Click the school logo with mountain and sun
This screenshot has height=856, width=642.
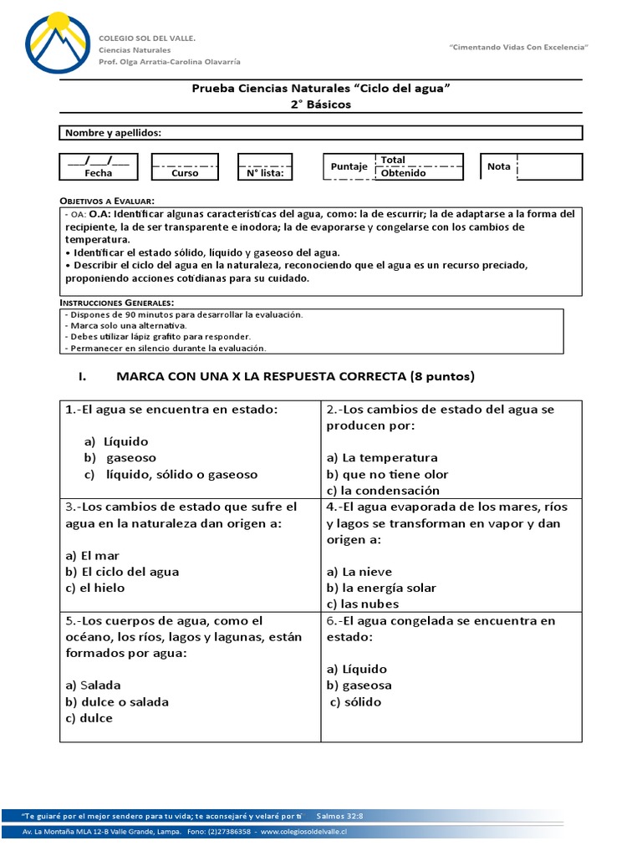click(57, 44)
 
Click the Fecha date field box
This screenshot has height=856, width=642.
click(98, 166)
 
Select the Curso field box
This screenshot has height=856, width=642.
click(185, 166)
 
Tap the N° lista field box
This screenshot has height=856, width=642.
click(264, 166)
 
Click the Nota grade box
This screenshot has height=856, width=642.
click(531, 166)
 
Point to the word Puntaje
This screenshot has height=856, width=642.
click(349, 166)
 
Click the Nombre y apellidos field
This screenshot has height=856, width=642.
click(321, 133)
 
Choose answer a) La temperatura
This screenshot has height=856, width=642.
click(382, 458)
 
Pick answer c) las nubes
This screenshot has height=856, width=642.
click(363, 604)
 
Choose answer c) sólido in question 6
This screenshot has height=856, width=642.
click(356, 701)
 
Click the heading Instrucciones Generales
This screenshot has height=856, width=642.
click(116, 302)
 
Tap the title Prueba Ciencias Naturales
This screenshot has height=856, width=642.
click(321, 88)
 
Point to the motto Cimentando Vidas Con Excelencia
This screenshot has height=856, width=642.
click(518, 48)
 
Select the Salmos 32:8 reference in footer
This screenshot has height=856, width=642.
click(340, 814)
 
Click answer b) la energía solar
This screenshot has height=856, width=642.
click(381, 588)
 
